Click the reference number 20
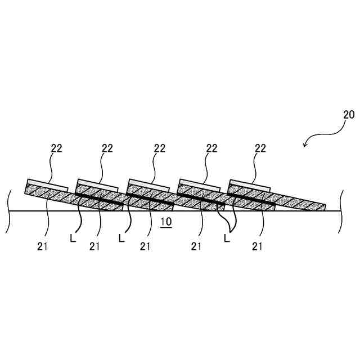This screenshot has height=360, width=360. (349, 114)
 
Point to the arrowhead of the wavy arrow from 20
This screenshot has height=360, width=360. (304, 146)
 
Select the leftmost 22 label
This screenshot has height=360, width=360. (56, 148)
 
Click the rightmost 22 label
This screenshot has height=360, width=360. (260, 148)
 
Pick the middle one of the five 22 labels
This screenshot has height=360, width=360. (160, 148)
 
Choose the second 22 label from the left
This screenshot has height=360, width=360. (107, 148)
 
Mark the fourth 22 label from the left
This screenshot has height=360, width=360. (211, 148)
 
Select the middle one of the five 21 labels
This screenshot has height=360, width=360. (145, 246)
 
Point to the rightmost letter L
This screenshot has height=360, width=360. (227, 238)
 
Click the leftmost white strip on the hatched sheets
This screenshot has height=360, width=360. (47, 184)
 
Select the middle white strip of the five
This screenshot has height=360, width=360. (148, 184)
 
